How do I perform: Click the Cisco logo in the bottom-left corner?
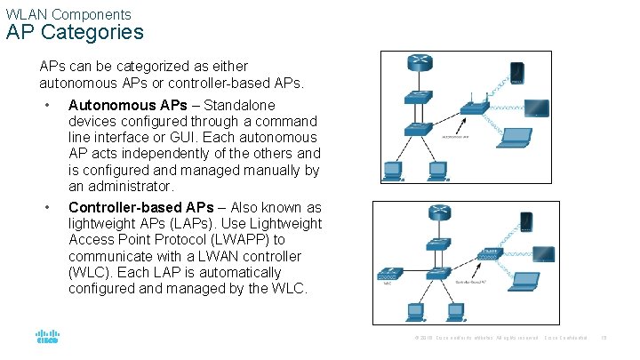(x=47, y=338)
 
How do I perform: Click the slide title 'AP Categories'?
(x=74, y=33)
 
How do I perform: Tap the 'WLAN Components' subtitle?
(x=68, y=14)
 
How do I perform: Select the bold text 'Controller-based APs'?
(x=140, y=206)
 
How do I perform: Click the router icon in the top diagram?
(x=420, y=62)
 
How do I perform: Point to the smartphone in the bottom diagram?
(x=526, y=220)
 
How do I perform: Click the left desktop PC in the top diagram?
(x=393, y=168)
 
